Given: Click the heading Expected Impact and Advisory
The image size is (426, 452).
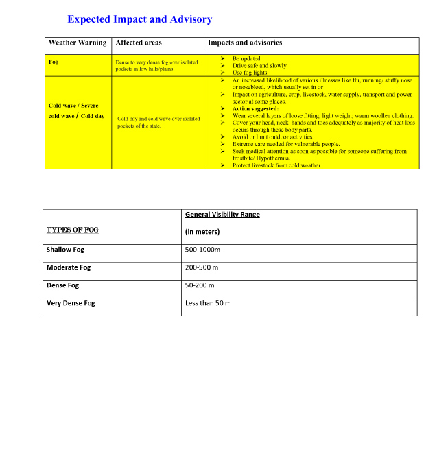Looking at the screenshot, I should click(139, 19).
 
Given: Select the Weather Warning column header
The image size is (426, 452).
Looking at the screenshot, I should click(78, 43).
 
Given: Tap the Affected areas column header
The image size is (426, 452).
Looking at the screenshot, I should click(139, 43).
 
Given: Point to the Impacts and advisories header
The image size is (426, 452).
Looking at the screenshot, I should click(245, 43).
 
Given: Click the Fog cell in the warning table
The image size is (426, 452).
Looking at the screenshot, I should click(54, 62).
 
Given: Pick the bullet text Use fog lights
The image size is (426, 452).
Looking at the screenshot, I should click(250, 73).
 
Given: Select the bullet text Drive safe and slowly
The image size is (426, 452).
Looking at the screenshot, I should click(259, 66).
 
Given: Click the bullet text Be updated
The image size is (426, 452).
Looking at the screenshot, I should click(246, 59).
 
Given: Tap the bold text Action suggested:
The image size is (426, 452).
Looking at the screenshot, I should click(255, 108).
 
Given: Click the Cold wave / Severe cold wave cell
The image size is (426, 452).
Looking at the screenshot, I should click(73, 110).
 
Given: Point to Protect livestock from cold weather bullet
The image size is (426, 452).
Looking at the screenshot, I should click(276, 165).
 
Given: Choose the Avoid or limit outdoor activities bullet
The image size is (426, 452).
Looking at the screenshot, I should click(272, 137).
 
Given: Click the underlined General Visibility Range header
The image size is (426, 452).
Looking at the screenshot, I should click(222, 215).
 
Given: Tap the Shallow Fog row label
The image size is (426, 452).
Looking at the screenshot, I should click(69, 250).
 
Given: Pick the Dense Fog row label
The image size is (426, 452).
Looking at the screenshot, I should click(63, 285).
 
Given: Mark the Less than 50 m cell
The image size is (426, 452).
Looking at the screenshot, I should click(208, 303).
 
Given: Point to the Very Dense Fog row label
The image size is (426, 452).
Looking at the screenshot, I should click(71, 303).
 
